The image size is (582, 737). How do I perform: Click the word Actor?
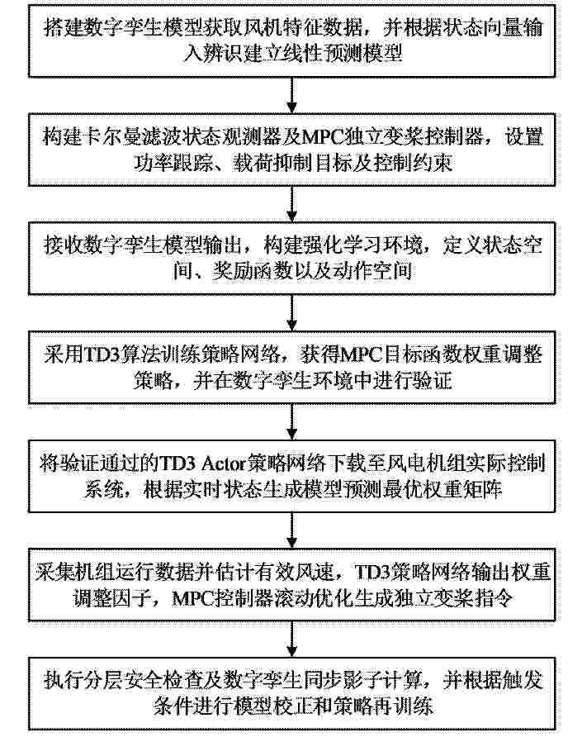[224, 464]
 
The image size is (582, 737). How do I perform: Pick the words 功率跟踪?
[173, 163]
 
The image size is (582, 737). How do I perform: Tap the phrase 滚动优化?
[314, 597]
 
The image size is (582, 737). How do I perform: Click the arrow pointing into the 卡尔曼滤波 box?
[291, 95]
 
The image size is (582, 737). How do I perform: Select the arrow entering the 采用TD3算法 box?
[291, 313]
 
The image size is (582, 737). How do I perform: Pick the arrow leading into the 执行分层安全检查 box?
[291, 640]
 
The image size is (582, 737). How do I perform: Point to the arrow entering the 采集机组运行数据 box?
[291, 530]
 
